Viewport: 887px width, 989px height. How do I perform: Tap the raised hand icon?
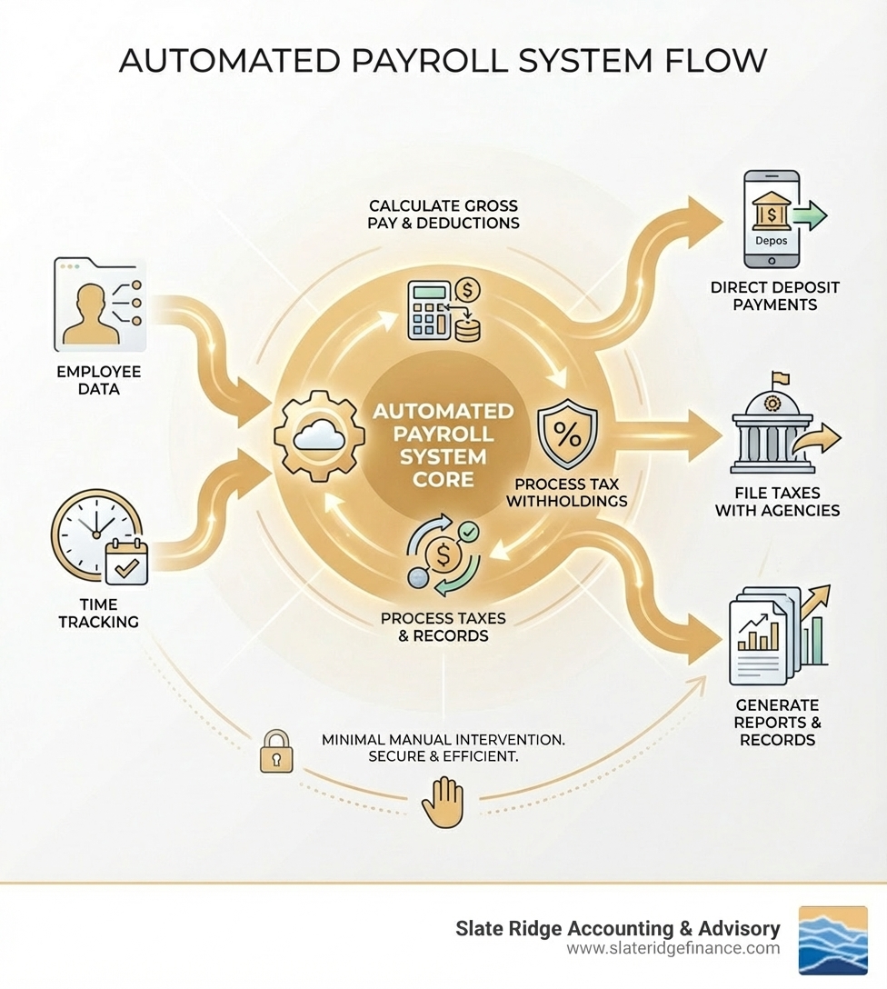(x=443, y=801)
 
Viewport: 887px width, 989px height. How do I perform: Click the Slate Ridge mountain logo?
(x=832, y=940)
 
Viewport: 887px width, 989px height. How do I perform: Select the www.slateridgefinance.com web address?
(x=673, y=949)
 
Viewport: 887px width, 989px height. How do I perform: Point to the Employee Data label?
(x=99, y=380)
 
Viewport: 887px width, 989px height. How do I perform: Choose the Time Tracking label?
(x=98, y=613)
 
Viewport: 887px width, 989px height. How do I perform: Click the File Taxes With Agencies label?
(x=777, y=500)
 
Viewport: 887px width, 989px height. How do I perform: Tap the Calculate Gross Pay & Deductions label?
(x=444, y=215)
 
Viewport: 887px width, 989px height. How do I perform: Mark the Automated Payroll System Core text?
(x=443, y=445)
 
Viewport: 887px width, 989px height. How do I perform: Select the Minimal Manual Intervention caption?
(x=443, y=748)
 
